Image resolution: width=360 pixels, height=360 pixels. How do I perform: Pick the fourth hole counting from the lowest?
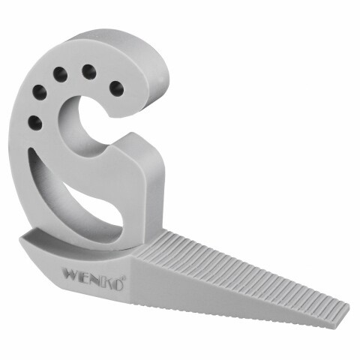tap(88, 72)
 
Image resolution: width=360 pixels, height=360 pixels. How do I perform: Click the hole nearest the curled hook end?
tap(116, 88)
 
